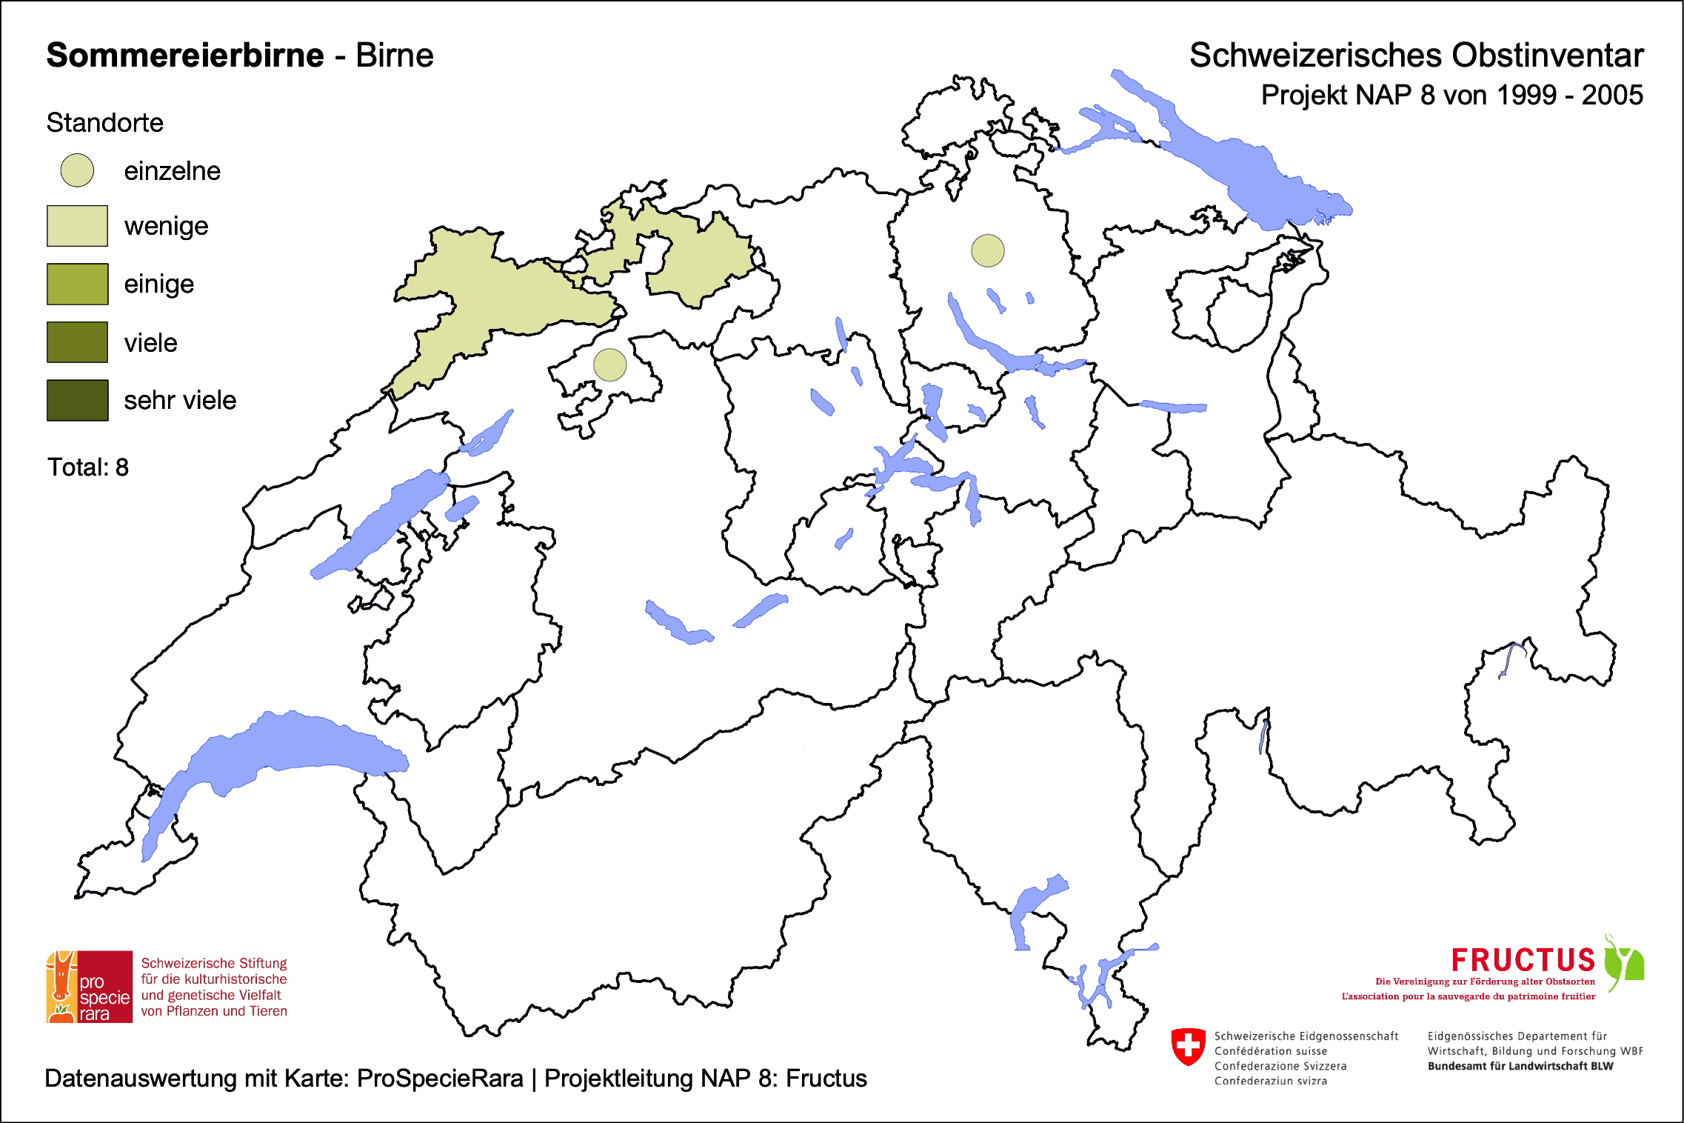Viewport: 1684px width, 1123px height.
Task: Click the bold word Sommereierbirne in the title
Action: pyautogui.click(x=185, y=56)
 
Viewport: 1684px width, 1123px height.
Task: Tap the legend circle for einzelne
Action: pyautogui.click(x=77, y=170)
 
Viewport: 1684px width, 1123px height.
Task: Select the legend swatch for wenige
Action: pyautogui.click(x=77, y=226)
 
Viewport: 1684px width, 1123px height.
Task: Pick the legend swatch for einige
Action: pyautogui.click(x=77, y=284)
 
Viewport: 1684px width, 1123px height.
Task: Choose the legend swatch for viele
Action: pyautogui.click(x=77, y=342)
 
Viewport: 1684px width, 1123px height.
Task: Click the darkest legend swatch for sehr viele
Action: pyautogui.click(x=77, y=400)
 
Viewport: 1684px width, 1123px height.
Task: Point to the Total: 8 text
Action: pyautogui.click(x=88, y=467)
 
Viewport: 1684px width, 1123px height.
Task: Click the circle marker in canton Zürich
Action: pyautogui.click(x=987, y=250)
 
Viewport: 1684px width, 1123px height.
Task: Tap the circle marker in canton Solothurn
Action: pyautogui.click(x=609, y=364)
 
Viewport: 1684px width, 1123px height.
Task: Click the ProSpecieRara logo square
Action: pyautogui.click(x=90, y=987)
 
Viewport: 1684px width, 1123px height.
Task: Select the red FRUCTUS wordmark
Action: pyautogui.click(x=1523, y=961)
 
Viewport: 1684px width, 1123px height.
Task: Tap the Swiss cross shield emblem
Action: pyautogui.click(x=1188, y=1047)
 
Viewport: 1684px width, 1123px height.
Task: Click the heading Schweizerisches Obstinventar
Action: pyautogui.click(x=1416, y=56)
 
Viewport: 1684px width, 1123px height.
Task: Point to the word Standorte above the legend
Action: pyautogui.click(x=104, y=123)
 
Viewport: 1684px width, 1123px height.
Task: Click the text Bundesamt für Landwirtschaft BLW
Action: pyautogui.click(x=1520, y=1066)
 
